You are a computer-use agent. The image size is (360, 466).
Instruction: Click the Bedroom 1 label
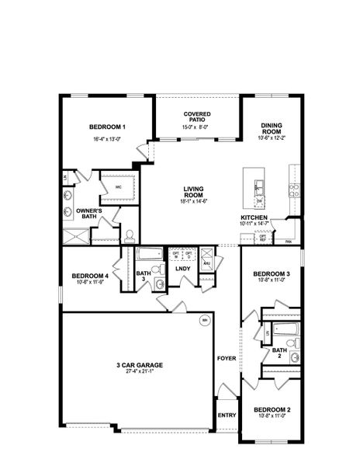point(107,127)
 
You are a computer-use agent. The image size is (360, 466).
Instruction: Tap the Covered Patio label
point(197,117)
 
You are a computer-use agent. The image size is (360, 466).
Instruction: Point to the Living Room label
point(194,190)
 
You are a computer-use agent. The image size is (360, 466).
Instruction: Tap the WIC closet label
point(119,187)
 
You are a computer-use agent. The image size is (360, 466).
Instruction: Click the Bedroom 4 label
point(89,276)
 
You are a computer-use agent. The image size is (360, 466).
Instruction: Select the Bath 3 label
point(143,276)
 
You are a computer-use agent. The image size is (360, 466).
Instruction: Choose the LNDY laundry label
point(183,269)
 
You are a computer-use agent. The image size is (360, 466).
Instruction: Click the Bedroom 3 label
point(272,273)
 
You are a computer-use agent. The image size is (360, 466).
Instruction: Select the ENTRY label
point(227,415)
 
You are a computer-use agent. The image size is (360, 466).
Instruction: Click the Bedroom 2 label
point(272,409)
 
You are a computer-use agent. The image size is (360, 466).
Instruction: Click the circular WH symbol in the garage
point(205,320)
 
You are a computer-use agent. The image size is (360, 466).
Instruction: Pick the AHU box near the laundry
point(206,263)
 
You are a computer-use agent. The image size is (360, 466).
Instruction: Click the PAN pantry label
point(289,242)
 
